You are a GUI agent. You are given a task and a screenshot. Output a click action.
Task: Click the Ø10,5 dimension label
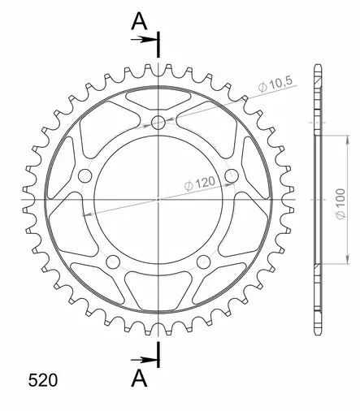point(275,84)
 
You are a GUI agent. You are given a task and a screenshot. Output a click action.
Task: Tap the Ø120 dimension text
point(199,184)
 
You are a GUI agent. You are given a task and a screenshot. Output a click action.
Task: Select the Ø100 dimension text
point(340,204)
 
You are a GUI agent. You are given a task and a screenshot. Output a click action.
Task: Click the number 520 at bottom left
point(43,380)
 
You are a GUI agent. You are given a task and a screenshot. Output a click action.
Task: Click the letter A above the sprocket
point(139,22)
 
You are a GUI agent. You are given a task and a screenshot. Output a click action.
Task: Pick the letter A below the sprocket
point(139,378)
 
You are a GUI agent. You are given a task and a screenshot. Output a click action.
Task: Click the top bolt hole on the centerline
point(158,123)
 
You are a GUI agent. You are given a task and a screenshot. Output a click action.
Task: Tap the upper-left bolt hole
point(85,175)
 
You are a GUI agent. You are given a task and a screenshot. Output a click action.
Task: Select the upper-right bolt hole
point(232,175)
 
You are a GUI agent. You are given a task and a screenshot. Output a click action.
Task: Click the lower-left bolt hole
point(113,262)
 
